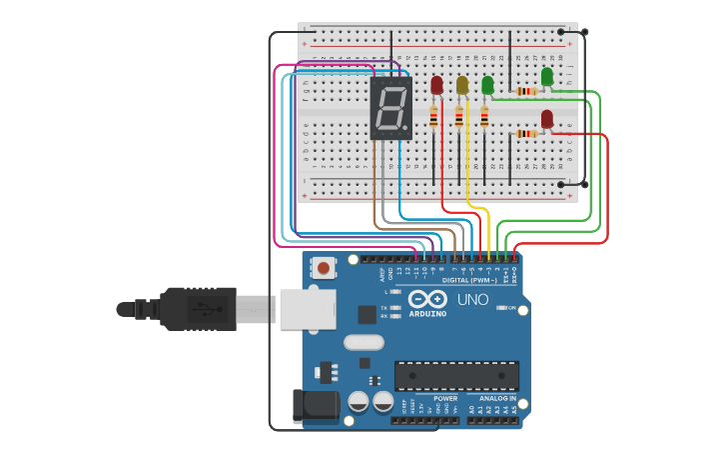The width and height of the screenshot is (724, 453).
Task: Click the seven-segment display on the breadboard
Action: [x=390, y=109]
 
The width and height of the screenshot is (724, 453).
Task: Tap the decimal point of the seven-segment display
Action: [x=405, y=129]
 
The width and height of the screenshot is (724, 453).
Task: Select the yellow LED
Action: [x=461, y=86]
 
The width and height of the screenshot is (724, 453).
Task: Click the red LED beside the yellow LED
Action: [x=436, y=86]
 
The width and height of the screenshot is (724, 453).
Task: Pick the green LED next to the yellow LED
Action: [x=487, y=86]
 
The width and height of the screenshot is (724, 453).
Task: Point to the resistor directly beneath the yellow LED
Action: [x=459, y=118]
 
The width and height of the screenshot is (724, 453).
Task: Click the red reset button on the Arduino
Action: [x=325, y=268]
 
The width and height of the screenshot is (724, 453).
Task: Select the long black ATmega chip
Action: [x=456, y=376]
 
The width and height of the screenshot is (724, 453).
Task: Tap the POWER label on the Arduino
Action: [x=445, y=398]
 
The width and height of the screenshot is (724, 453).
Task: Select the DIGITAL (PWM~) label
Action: [x=468, y=281]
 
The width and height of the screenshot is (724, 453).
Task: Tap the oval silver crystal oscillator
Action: [x=363, y=342]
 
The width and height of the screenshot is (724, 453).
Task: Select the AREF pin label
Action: [x=380, y=272]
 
